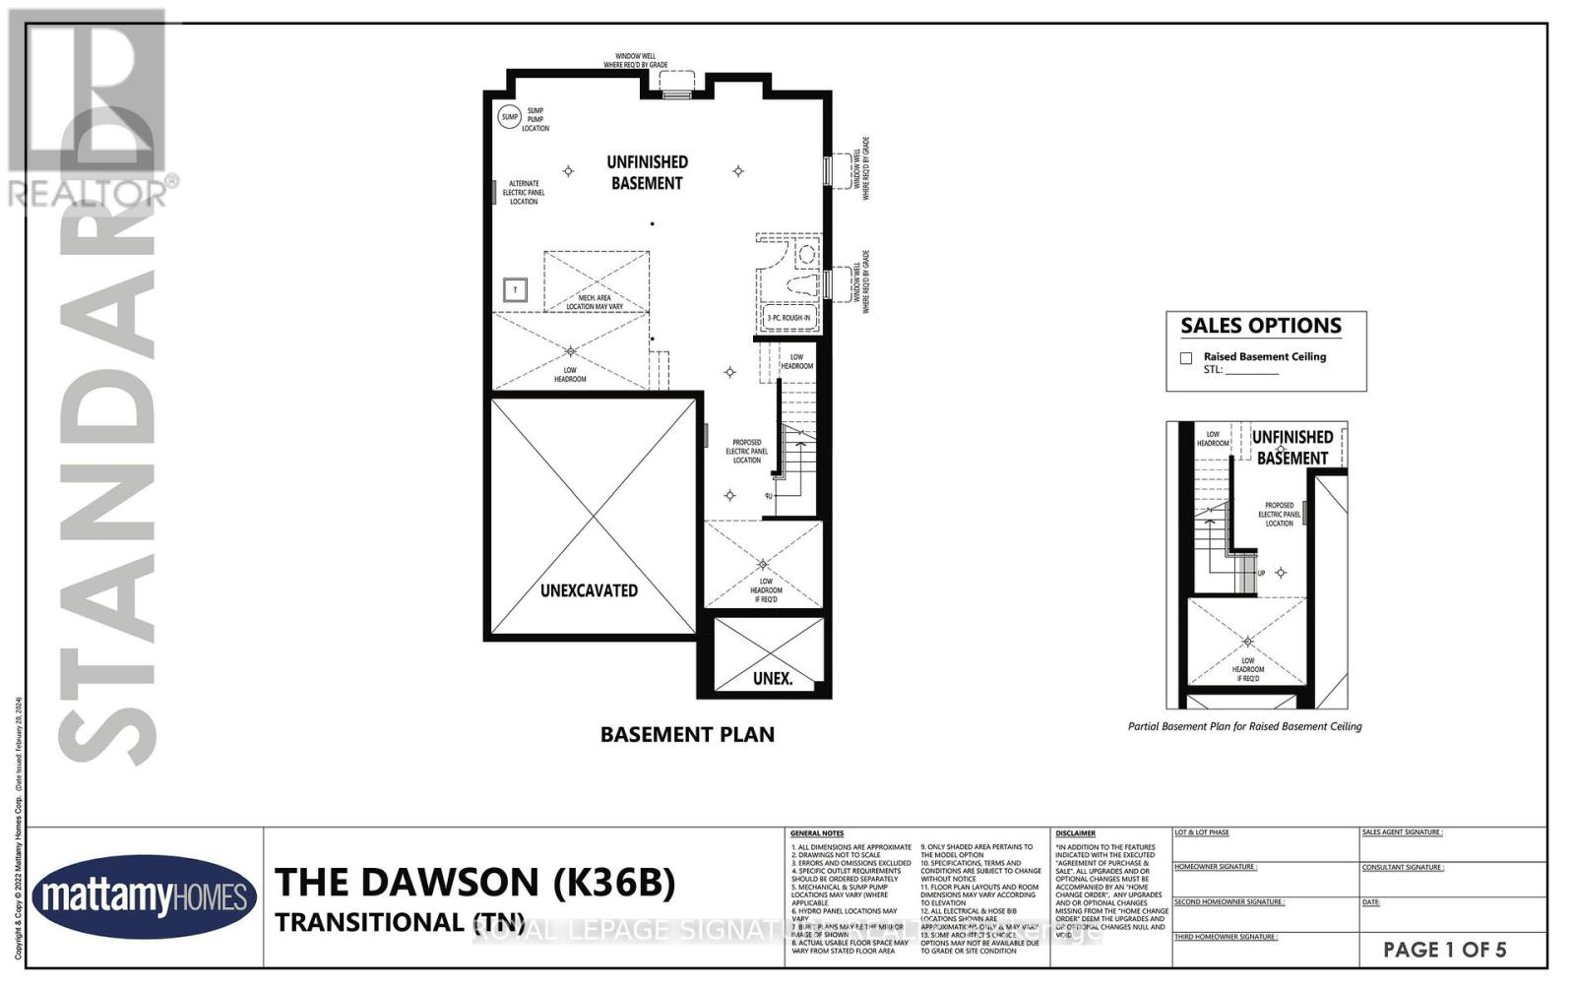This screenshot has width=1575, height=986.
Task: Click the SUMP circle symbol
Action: coord(509,117)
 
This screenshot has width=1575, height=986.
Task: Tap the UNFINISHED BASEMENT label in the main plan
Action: coord(647,172)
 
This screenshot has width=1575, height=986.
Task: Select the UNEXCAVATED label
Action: coord(589,590)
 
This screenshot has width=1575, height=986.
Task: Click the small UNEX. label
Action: coord(772,678)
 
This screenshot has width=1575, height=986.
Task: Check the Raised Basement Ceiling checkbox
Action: coord(1186,358)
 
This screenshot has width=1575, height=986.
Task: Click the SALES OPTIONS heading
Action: coord(1261,326)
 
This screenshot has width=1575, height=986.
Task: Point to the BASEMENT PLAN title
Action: coord(687,734)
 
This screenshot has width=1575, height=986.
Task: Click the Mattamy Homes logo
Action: coord(145,897)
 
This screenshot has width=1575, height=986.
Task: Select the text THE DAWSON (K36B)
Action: coord(474,882)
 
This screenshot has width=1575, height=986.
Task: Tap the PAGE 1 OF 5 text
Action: coord(1444,950)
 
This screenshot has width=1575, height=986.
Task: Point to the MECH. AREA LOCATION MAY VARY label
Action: coord(595,301)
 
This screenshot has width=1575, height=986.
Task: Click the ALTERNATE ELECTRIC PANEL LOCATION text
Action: coord(524,192)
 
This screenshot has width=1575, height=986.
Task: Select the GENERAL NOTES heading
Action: coord(817,833)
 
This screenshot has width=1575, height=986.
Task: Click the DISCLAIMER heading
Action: coord(1075,833)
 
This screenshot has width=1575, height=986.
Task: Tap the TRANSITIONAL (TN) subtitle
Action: coord(398,922)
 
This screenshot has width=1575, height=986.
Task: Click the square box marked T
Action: coord(516,289)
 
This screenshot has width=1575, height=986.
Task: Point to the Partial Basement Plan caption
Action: coord(1244,726)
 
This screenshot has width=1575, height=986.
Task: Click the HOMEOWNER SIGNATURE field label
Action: coord(1215,867)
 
